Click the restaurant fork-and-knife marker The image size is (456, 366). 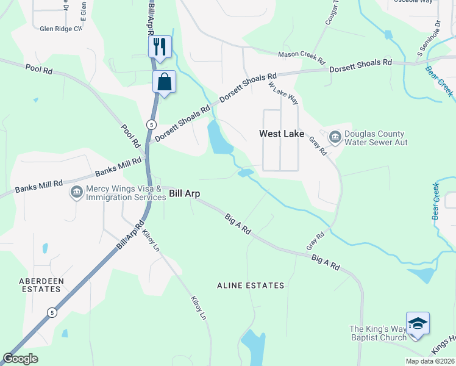[x=160, y=47]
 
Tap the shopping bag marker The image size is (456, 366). [x=165, y=82]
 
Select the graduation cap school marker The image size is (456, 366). [x=418, y=323]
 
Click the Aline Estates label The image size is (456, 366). [x=251, y=285]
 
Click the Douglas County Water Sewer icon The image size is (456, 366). [x=335, y=138]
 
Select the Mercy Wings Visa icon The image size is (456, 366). [x=76, y=193]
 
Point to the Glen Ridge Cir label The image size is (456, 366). [x=60, y=29]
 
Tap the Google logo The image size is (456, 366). [x=21, y=359]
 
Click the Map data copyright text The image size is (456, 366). [x=430, y=361]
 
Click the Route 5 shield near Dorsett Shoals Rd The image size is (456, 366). [x=150, y=124]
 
